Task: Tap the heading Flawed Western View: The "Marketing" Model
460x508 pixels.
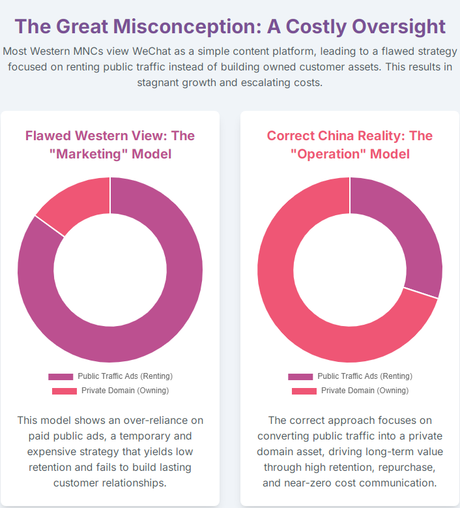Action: (109, 144)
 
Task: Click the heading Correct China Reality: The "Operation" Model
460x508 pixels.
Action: (349, 144)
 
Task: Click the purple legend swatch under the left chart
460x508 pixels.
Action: (61, 376)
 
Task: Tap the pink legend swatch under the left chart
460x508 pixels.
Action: (65, 391)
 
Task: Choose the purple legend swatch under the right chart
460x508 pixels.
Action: (300, 376)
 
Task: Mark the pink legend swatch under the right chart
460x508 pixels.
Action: (304, 391)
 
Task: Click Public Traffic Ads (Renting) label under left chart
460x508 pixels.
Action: (124, 376)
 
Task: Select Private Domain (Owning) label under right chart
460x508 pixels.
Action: (364, 391)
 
